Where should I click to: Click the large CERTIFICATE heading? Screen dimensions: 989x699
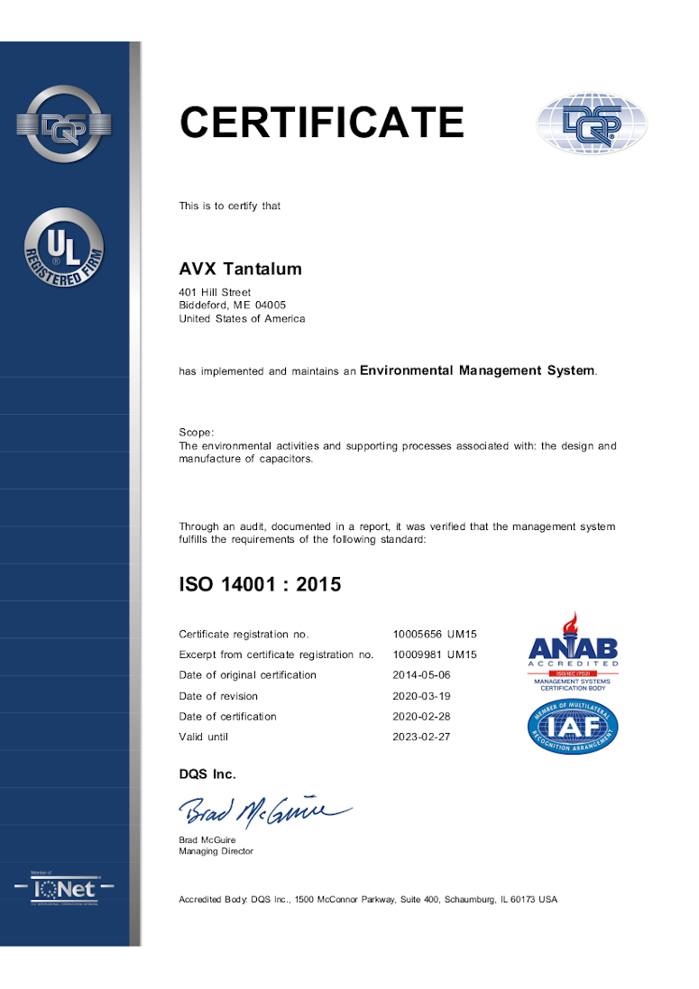pos(322,123)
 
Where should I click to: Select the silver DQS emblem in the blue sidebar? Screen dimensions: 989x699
pos(64,124)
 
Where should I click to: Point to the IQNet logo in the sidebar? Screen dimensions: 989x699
pos(64,887)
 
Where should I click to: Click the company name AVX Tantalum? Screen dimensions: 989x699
pos(240,270)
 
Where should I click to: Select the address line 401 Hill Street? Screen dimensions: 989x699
pos(215,292)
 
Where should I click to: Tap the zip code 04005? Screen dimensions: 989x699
pos(270,305)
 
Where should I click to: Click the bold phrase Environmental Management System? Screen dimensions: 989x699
pos(477,371)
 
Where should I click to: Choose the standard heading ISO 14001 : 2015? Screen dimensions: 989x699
pos(260,584)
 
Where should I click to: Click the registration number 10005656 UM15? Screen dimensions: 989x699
pos(435,635)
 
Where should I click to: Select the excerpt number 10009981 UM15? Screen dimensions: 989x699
pos(435,655)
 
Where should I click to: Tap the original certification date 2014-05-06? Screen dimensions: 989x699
pos(422,675)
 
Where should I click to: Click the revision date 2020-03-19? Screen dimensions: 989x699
pos(422,696)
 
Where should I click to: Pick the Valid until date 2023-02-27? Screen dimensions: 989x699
pos(422,737)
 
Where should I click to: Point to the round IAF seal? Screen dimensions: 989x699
pos(573,727)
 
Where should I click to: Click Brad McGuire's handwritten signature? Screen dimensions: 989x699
pos(262,811)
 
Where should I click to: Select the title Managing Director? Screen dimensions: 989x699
pos(216,851)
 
